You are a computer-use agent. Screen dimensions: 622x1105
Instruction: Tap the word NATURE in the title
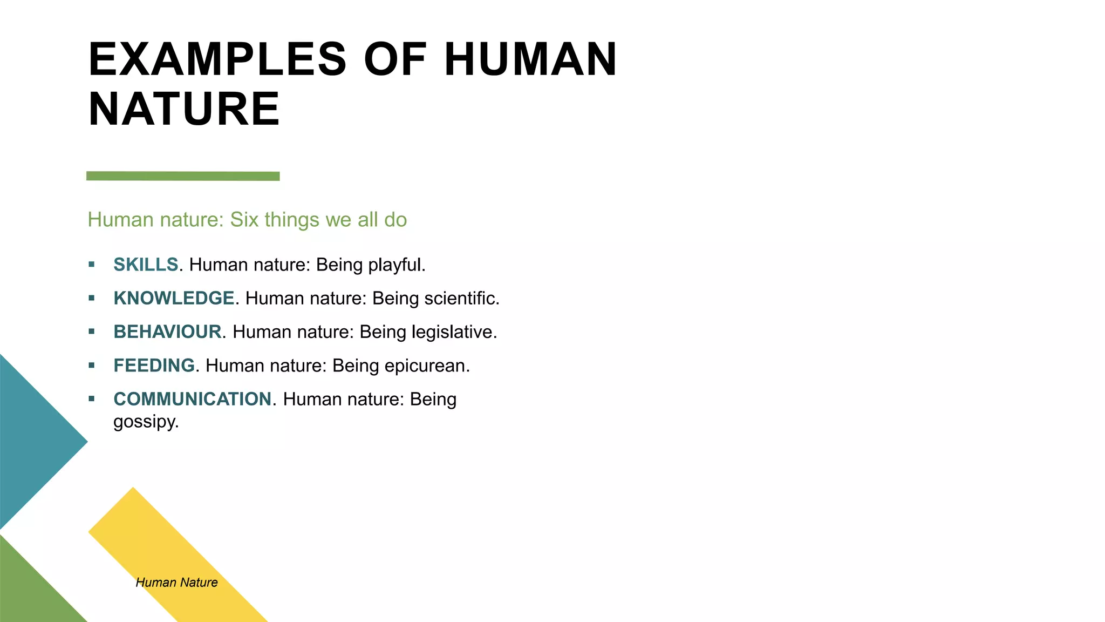tap(184, 109)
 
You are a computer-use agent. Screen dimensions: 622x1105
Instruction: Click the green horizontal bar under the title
tap(183, 176)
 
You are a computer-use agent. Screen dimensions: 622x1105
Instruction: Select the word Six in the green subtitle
tap(244, 220)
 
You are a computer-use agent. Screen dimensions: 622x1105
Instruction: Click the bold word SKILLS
tap(146, 265)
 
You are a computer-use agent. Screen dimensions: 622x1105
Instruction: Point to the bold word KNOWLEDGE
tap(174, 298)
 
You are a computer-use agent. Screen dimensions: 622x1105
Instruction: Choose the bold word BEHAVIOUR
tap(167, 332)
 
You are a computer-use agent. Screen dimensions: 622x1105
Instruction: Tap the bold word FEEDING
tap(154, 366)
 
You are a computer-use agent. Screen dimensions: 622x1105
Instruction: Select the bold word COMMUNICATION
tap(192, 399)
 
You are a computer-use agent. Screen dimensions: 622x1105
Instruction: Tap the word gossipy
tap(146, 422)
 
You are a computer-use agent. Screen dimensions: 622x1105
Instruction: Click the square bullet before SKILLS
tap(92, 265)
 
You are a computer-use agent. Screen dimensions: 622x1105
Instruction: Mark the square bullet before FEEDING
tap(92, 366)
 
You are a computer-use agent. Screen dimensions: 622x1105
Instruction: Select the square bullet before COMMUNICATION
tap(92, 399)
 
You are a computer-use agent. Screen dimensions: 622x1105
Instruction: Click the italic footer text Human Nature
tap(176, 582)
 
